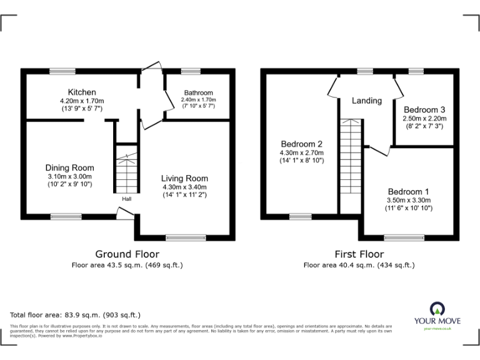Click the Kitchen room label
coord(82,92)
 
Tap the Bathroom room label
coord(198,92)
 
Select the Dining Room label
coord(69,167)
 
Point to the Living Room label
coord(184,178)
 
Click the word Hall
coord(127,199)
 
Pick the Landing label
coord(366,101)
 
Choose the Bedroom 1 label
coord(408,191)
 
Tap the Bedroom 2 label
coord(301,142)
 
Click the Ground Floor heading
coord(127,254)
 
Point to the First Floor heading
coord(359,254)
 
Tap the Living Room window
coord(184,237)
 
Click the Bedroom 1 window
coord(404,237)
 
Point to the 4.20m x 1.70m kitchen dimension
coord(82,101)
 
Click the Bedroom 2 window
coord(300,217)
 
